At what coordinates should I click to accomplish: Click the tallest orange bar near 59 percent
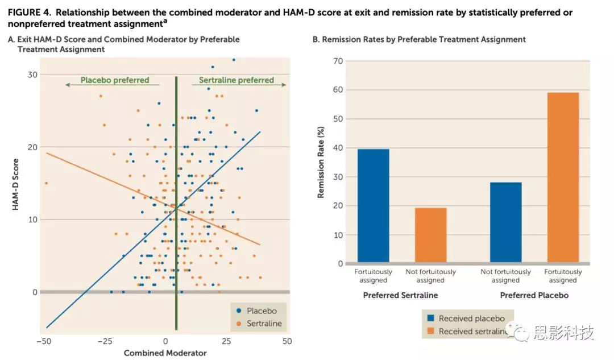[563, 177]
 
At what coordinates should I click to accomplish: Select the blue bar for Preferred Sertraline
[374, 205]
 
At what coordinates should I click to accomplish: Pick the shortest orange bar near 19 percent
[430, 235]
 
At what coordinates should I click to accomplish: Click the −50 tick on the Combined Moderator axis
[43, 341]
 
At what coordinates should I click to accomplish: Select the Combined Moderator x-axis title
[165, 353]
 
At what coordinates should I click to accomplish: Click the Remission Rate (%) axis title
[321, 163]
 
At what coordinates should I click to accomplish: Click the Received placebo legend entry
[467, 318]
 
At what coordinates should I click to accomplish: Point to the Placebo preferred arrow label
[114, 80]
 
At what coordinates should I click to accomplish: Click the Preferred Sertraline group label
[401, 295]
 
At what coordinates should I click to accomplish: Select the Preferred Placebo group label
[534, 295]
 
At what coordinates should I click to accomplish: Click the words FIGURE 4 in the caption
[29, 13]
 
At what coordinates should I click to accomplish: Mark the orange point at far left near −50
[46, 183]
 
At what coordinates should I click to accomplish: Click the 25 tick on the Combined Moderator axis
[226, 341]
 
